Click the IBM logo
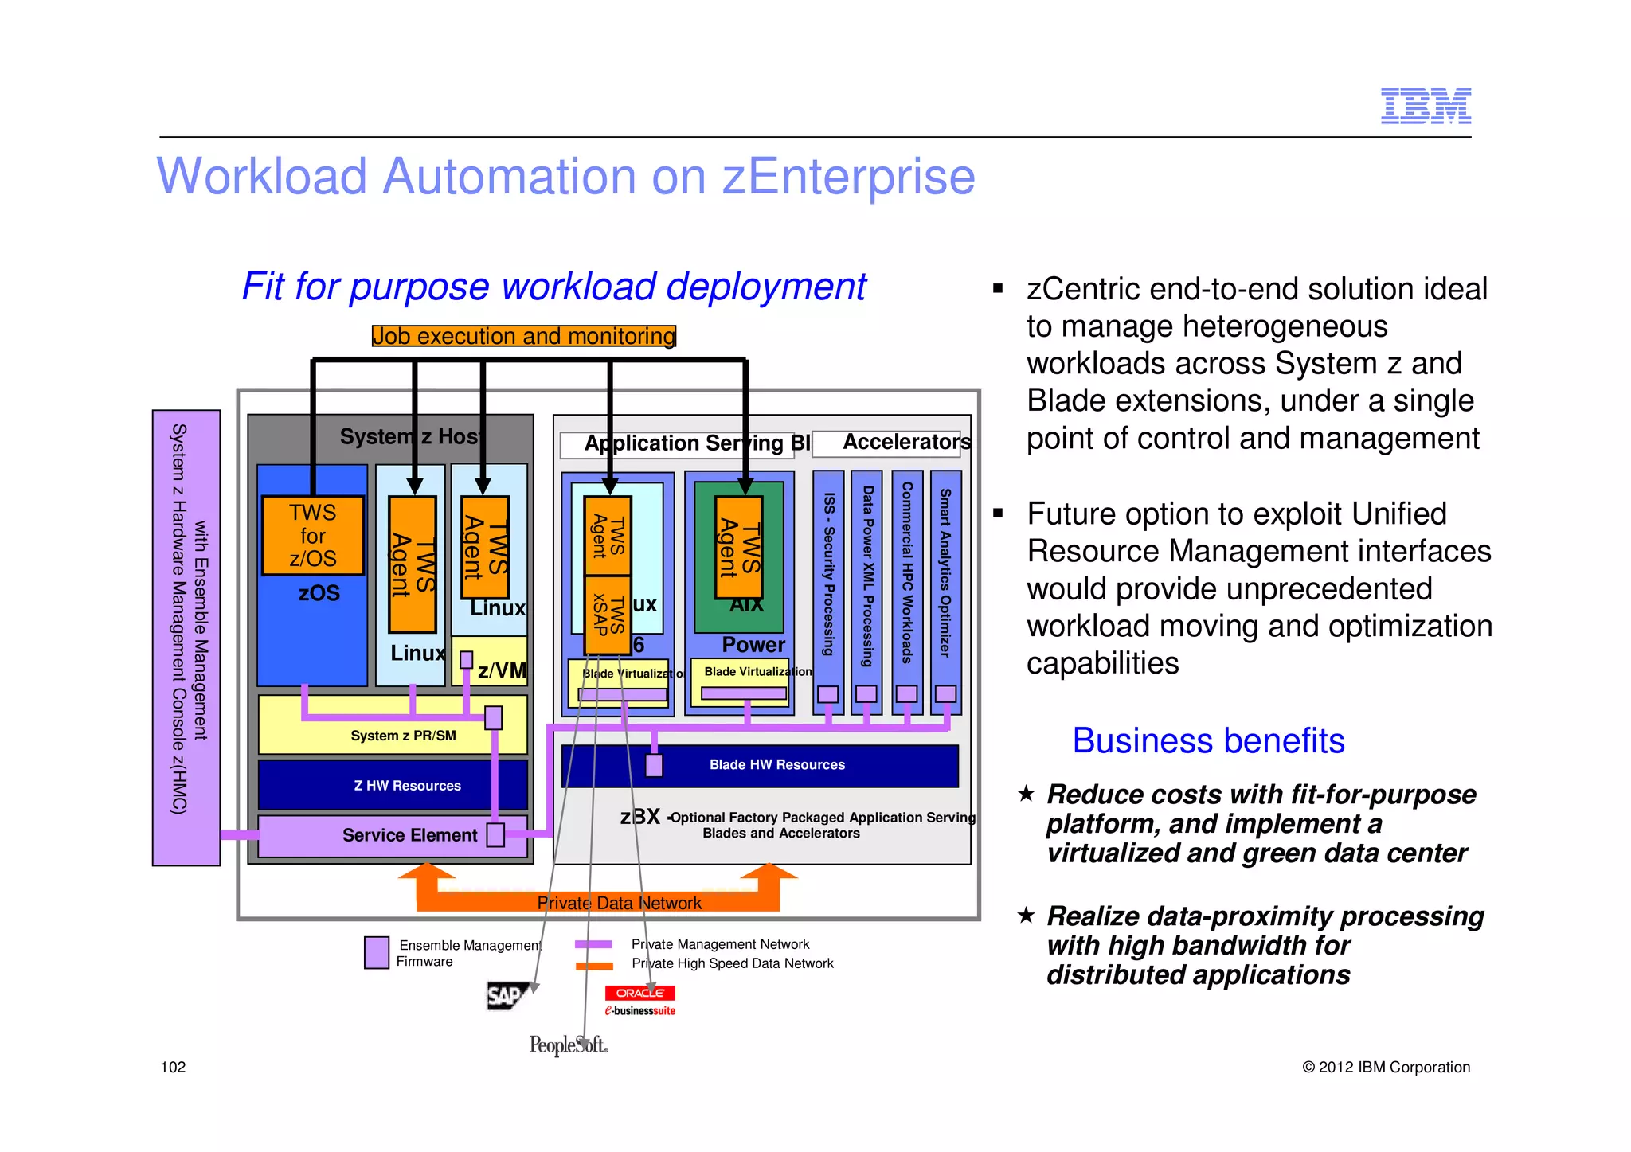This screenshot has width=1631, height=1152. [1425, 106]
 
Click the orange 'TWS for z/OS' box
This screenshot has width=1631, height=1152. [313, 535]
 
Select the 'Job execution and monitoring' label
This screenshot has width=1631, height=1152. [523, 336]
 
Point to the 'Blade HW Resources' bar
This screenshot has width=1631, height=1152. [776, 765]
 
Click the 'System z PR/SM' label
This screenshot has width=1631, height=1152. [403, 736]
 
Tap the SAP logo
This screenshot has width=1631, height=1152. [506, 995]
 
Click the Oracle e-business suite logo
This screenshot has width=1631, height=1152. [639, 1001]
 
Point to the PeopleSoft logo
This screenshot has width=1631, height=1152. [569, 1045]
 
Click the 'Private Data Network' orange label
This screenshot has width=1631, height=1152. [619, 903]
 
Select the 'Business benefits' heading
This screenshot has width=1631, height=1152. [1208, 741]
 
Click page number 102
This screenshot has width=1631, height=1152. [173, 1067]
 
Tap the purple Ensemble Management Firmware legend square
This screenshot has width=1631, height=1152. [376, 952]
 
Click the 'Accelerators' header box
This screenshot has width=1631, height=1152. [905, 442]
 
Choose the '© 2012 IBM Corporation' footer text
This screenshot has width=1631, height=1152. [1386, 1067]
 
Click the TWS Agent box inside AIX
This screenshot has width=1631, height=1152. [738, 548]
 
